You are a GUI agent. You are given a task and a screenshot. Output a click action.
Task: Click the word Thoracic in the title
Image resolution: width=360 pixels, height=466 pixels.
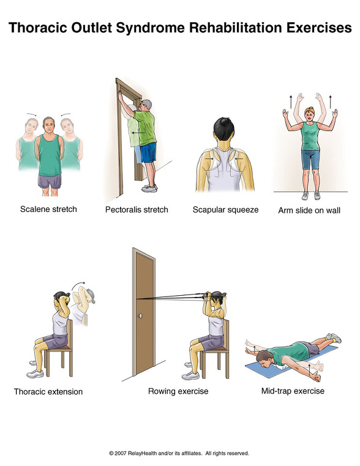pos(38,28)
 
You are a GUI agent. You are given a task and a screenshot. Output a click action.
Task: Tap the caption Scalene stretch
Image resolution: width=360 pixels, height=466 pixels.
pos(48,209)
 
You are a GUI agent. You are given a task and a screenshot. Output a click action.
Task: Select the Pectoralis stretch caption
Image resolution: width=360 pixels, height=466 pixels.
pos(137,210)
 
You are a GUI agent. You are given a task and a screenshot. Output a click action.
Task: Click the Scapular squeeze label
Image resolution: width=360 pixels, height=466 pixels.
pos(225,210)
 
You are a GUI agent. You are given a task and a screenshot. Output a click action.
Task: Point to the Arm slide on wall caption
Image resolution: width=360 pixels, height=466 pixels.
pos(309,211)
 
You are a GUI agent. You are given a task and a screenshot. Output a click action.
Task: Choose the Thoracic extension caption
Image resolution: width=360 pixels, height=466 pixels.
pos(48,391)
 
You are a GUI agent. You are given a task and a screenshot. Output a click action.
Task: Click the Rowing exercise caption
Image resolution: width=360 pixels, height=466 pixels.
pos(178,391)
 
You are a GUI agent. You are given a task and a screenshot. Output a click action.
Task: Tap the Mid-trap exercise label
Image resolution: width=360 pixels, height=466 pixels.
pos(293,391)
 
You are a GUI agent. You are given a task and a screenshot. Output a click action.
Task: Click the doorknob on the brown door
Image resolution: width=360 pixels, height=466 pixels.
pos(140,316)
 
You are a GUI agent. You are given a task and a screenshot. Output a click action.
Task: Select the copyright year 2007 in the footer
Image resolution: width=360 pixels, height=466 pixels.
pos(121,453)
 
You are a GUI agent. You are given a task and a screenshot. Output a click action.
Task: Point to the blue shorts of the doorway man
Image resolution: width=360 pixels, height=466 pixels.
pos(148,152)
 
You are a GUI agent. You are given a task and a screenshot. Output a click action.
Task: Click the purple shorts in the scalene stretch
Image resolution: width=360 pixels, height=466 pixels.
pos(50,182)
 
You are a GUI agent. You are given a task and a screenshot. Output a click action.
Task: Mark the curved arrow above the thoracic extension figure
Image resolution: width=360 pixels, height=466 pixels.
pos(78,285)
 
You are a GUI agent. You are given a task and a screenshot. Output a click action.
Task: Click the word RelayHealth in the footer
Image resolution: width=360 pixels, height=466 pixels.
pos(143,453)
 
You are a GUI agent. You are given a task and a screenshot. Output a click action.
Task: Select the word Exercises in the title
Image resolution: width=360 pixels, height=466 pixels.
pos(319,28)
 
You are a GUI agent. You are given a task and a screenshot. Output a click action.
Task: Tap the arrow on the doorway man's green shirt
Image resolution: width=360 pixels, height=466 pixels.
pos(138,132)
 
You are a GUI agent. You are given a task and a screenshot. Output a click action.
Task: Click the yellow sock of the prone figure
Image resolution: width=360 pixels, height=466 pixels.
pos(336,339)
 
